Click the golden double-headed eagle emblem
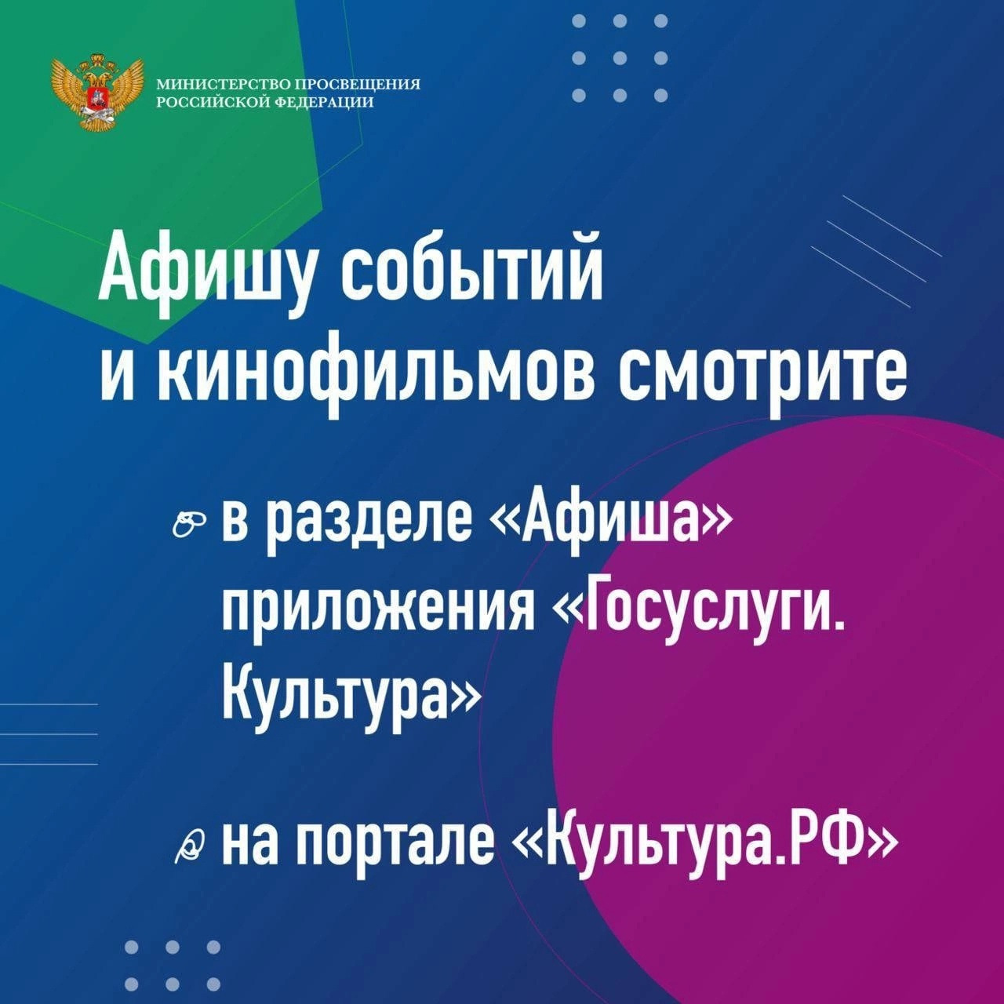point(97,92)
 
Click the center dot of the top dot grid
point(620,58)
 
